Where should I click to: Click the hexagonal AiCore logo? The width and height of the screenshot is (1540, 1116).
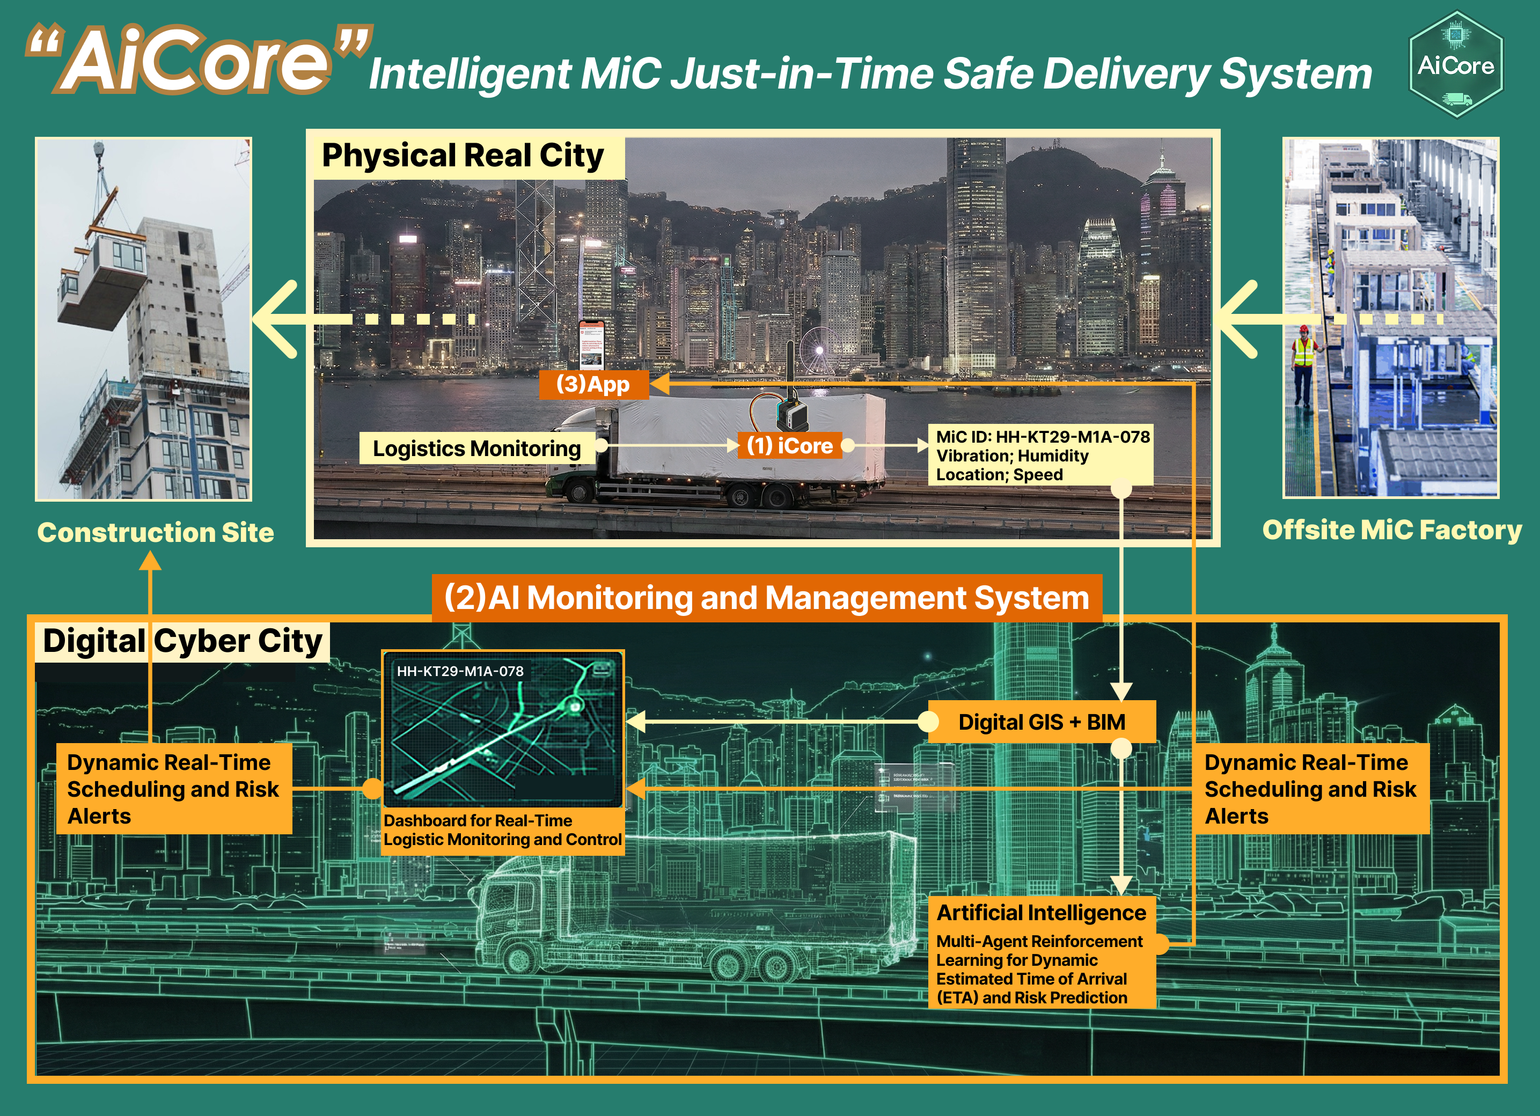coord(1456,65)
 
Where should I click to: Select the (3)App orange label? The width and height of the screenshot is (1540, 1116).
coord(593,384)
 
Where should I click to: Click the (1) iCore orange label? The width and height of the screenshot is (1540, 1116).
coord(789,445)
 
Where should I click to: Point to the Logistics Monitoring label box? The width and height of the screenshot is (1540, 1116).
coord(476,449)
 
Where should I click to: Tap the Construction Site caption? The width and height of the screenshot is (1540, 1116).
coord(156,532)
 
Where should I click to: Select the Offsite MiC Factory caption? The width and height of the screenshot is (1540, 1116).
coord(1391,530)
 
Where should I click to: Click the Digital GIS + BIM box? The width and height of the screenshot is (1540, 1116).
coord(1041,722)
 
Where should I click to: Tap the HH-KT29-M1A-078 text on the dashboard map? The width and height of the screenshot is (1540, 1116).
coord(460,671)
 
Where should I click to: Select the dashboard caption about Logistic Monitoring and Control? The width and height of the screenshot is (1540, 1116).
coord(502,830)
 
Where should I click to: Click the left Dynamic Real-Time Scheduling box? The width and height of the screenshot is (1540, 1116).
coord(174,789)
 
